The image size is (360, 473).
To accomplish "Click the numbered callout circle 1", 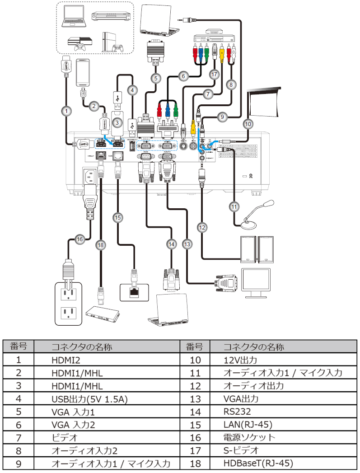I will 67,110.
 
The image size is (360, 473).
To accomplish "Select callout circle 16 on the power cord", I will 80,239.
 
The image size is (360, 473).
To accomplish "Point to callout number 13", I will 187,244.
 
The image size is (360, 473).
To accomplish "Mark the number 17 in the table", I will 194,450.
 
